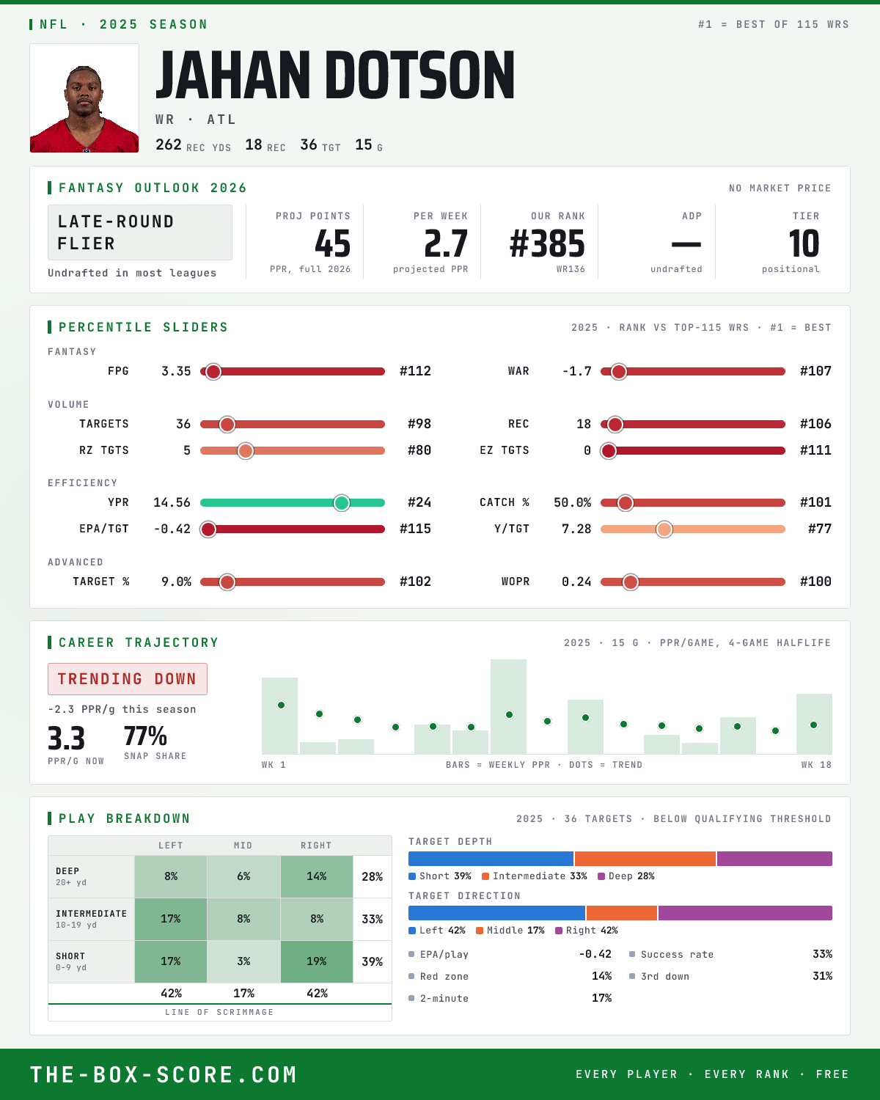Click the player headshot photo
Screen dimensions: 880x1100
[84, 98]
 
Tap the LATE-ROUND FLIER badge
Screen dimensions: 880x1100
[139, 232]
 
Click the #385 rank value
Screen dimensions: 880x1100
[547, 243]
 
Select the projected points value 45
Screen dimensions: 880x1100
[332, 243]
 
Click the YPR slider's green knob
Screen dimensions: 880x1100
[342, 503]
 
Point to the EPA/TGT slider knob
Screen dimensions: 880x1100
[208, 529]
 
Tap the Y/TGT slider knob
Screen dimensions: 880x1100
[664, 529]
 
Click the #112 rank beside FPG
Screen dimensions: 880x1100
[415, 371]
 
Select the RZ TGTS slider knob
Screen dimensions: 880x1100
[246, 451]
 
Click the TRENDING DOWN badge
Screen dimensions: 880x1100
[128, 679]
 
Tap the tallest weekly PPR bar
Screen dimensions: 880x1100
[508, 706]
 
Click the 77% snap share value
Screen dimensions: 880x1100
[145, 736]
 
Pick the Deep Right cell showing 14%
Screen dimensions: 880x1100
[317, 876]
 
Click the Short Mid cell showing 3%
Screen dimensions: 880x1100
[243, 961]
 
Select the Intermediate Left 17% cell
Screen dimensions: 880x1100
[171, 919]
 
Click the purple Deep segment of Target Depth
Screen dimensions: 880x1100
[774, 859]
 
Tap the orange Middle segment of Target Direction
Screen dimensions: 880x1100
[622, 913]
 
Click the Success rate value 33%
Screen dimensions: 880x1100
[822, 954]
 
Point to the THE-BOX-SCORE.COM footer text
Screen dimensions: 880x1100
[164, 1074]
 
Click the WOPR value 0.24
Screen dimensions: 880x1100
[576, 582]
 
